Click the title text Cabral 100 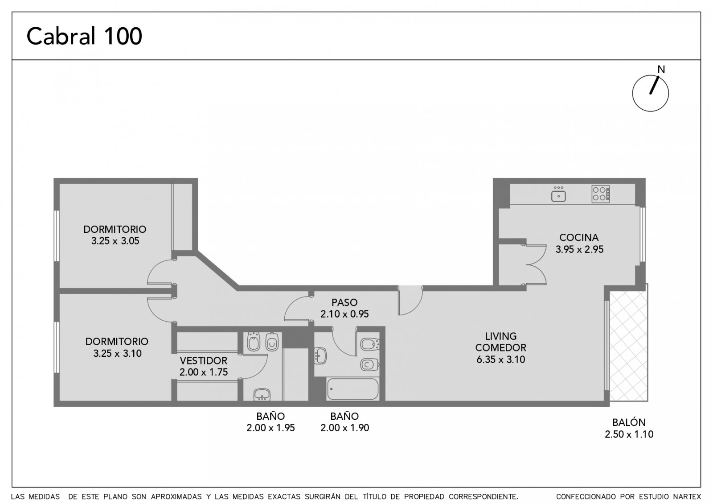(84, 36)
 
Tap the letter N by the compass (661, 70)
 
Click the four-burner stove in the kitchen (601, 194)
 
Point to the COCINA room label (579, 238)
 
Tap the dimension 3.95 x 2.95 (579, 249)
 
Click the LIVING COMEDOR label (501, 342)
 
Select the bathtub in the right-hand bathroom (352, 389)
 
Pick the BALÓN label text (629, 422)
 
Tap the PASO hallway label (344, 302)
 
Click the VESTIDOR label (203, 361)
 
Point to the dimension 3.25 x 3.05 (115, 241)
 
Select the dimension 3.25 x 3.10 (117, 353)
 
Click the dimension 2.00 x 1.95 (270, 428)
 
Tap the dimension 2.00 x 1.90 (344, 428)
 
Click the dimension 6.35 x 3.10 (501, 359)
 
